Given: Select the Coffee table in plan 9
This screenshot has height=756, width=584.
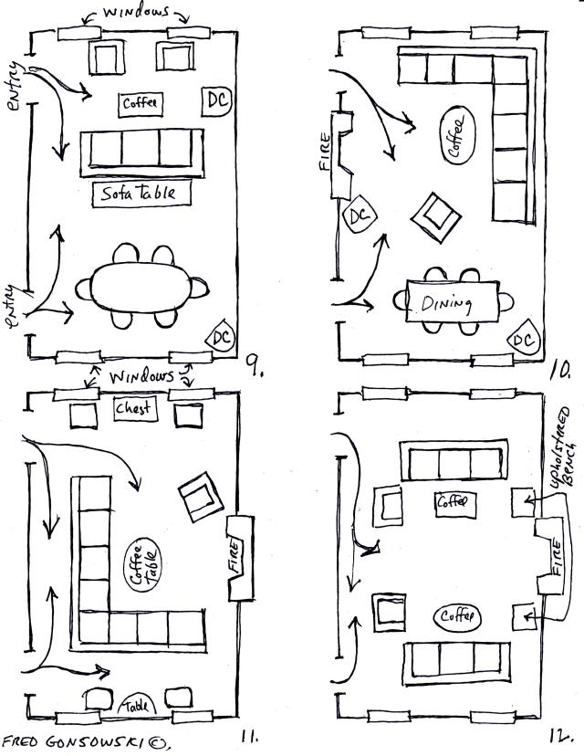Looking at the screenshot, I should point(140,103).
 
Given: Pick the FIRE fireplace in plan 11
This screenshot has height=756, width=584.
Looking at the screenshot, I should point(235,557).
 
